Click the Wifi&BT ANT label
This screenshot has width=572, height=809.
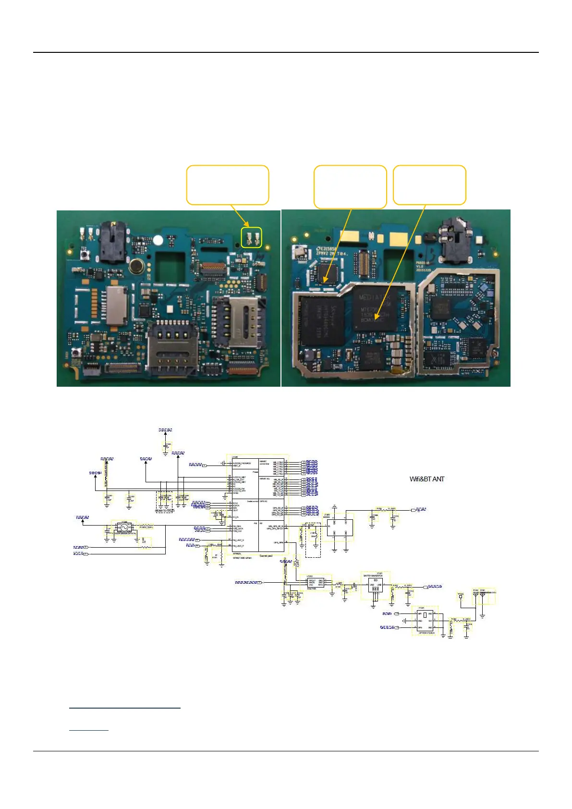(x=426, y=479)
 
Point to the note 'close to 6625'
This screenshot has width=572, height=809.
(x=164, y=511)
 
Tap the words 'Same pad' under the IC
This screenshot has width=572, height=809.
(x=266, y=556)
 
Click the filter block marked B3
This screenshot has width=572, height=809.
(x=375, y=585)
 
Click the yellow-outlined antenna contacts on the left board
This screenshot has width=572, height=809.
(x=252, y=237)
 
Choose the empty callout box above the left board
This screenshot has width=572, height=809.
(x=227, y=185)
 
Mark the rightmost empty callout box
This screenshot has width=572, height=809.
(x=429, y=185)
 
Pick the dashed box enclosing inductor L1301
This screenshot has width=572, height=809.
(x=313, y=540)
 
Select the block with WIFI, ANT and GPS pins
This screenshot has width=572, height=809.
(x=425, y=621)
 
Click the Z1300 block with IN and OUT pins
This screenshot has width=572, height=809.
(x=341, y=527)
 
